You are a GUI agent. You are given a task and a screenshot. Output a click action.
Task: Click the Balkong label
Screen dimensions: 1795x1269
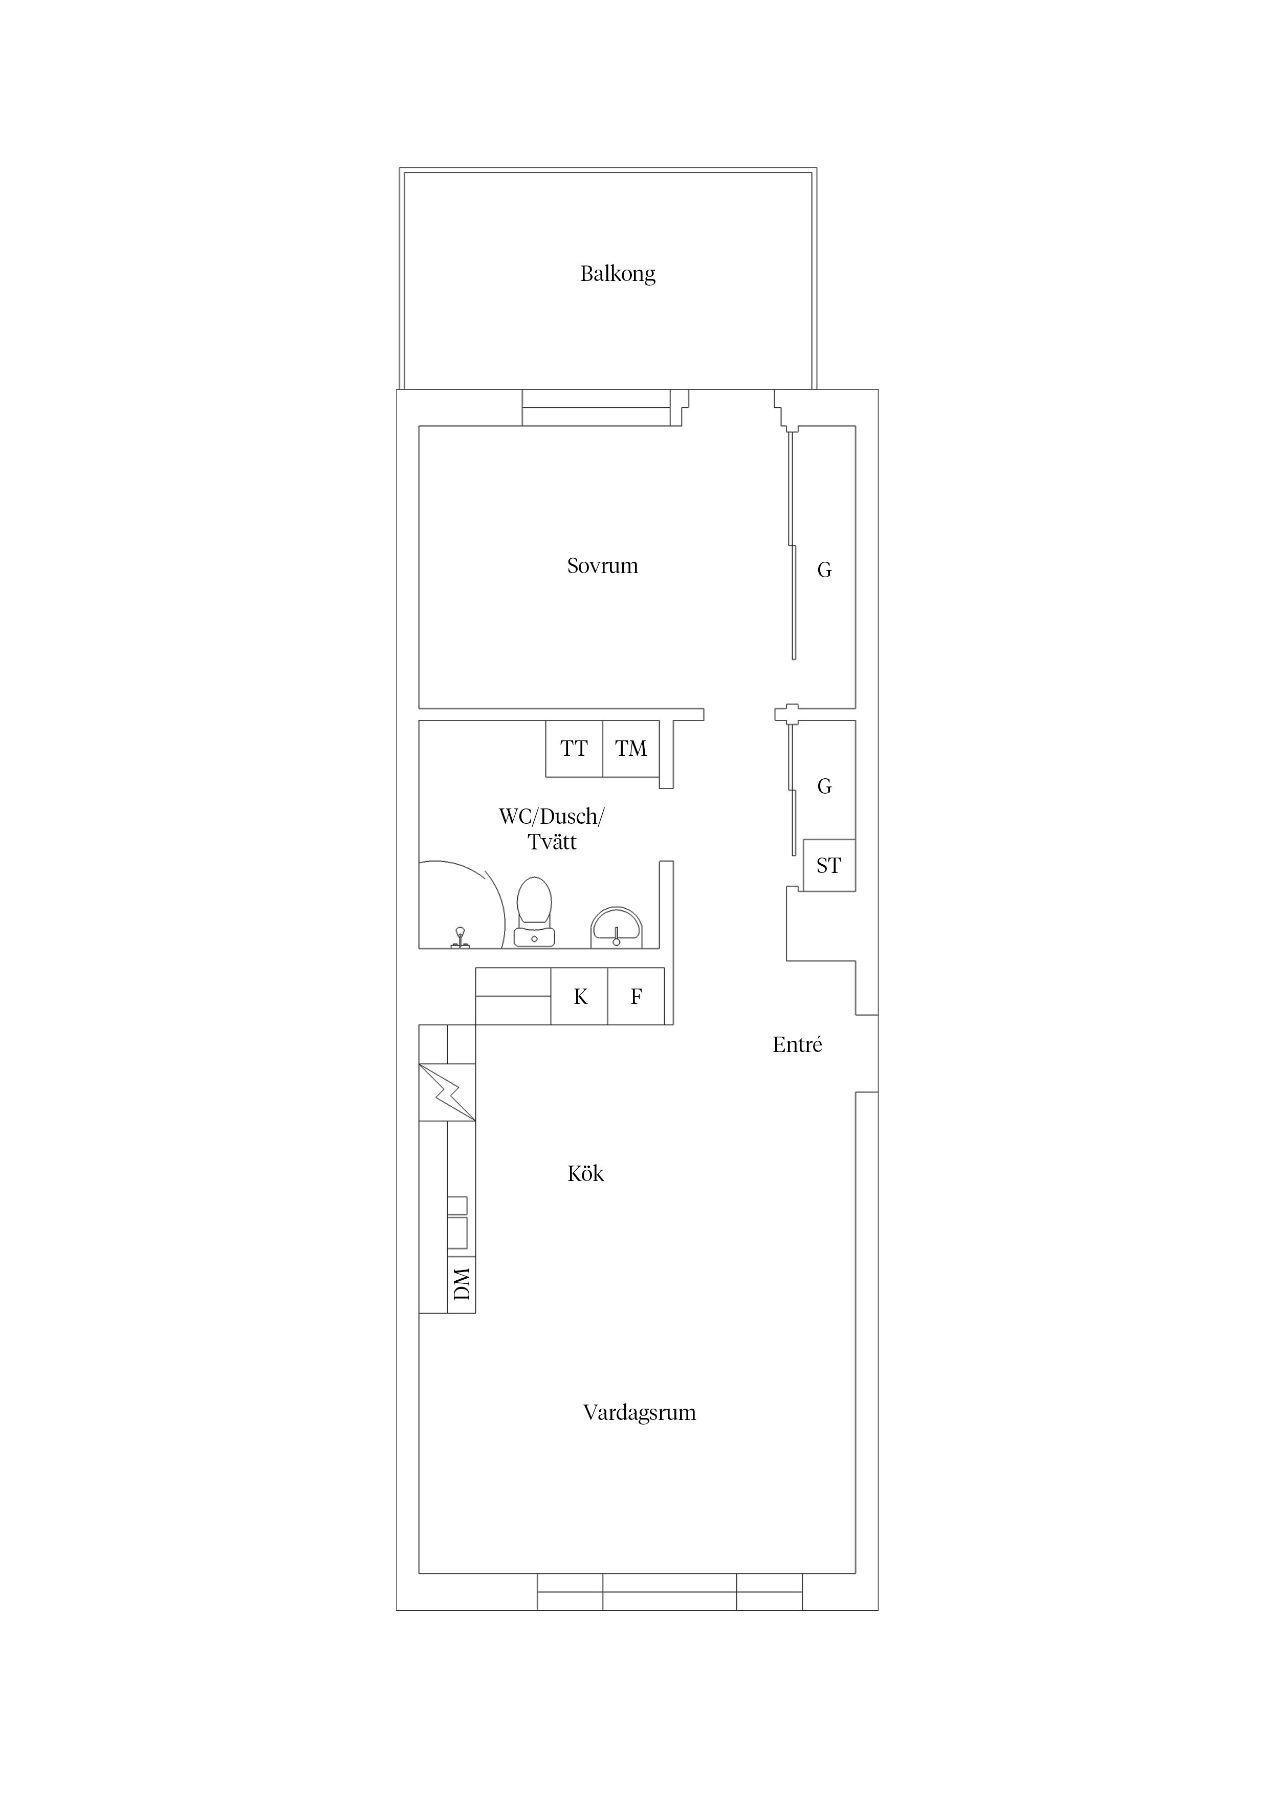pos(617,274)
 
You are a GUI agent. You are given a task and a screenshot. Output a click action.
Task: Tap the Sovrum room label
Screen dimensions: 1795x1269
pos(602,566)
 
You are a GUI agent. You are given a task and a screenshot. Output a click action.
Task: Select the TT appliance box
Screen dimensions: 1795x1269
pos(574,749)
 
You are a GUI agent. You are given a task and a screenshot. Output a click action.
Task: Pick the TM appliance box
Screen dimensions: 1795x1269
pos(630,749)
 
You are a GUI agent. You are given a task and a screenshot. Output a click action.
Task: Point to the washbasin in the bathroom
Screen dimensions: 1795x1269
pos(616,927)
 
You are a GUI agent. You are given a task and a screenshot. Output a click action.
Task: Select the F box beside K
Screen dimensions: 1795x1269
pos(636,997)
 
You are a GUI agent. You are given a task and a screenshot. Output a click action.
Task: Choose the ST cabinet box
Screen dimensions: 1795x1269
pos(829,865)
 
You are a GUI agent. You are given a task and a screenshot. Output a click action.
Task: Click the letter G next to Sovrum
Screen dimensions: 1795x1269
pos(824,571)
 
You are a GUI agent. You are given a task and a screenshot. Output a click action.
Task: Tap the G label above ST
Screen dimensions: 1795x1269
pos(824,786)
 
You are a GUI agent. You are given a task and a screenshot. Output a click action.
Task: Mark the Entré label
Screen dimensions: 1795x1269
pos(797,1045)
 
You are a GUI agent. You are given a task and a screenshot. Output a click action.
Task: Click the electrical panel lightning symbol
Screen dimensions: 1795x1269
pos(447,1092)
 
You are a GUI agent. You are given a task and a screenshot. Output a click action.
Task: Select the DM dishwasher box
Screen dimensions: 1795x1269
pos(462,1284)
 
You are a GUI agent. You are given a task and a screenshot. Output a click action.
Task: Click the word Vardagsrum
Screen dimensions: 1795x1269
pos(639,1413)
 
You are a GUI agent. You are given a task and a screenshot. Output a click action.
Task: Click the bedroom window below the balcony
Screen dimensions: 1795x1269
pos(596,407)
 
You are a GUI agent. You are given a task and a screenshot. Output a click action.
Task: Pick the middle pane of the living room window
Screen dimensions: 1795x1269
pos(669,1592)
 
